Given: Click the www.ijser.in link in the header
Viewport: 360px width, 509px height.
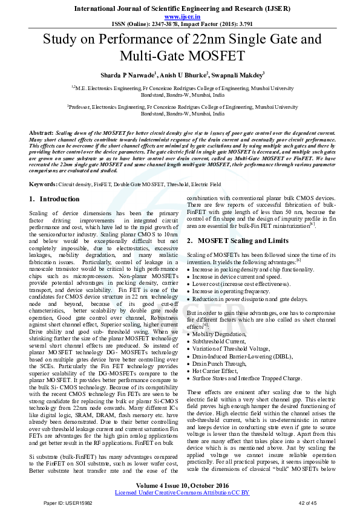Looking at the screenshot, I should pyautogui.click(x=180, y=18).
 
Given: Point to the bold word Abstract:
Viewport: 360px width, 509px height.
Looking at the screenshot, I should pyautogui.click(x=41, y=132).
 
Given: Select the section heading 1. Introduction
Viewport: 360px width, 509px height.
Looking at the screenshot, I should pyautogui.click(x=54, y=199).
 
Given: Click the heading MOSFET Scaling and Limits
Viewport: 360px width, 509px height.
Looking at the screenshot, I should pyautogui.click(x=246, y=241).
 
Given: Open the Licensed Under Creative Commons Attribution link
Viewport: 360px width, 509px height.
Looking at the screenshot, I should pyautogui.click(x=182, y=493).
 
